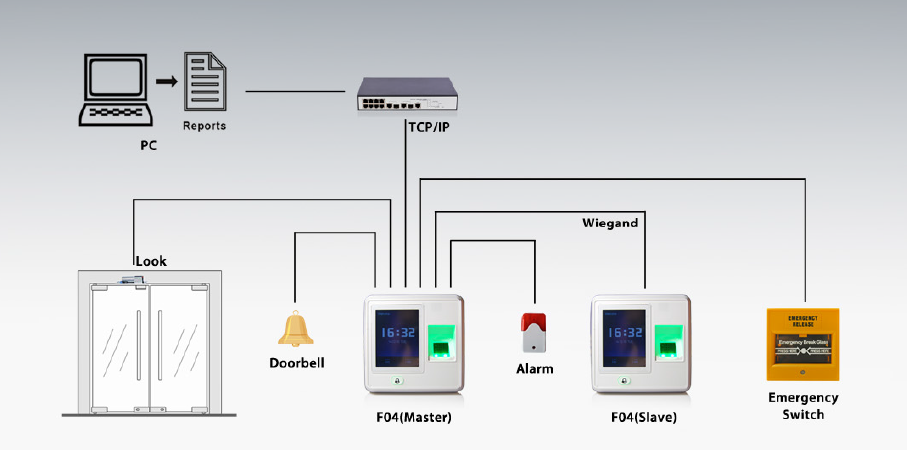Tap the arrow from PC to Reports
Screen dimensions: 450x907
pos(167,81)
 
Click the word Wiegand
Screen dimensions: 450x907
pos(610,224)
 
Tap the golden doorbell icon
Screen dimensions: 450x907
pos(295,330)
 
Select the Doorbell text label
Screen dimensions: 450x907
pos(297,362)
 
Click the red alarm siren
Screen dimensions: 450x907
pos(534,331)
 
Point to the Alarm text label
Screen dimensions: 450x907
pos(534,369)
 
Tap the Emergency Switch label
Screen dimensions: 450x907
pos(803,405)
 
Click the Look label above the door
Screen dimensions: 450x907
pos(151,261)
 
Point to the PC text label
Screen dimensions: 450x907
pos(148,145)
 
